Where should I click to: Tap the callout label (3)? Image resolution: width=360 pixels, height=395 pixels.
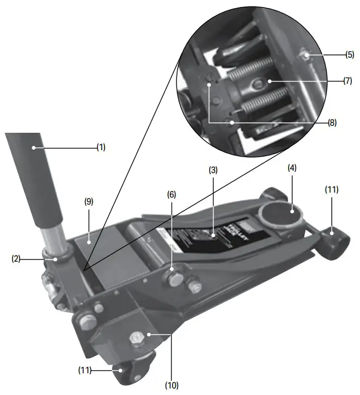click(x=213, y=169)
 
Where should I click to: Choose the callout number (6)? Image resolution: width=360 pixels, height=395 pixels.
click(x=172, y=194)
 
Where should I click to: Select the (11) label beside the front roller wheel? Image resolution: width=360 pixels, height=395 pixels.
click(x=331, y=189)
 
